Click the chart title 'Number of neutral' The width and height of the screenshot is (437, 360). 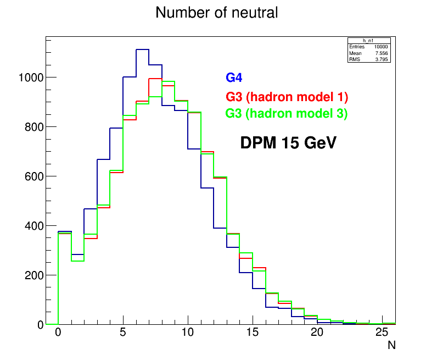click(216, 13)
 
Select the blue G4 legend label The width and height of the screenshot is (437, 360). click(234, 79)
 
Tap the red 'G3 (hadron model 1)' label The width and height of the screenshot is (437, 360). click(287, 97)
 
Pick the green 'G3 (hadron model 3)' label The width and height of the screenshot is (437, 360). click(287, 114)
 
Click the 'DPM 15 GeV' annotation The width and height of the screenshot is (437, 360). click(288, 143)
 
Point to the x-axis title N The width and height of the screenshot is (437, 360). click(391, 346)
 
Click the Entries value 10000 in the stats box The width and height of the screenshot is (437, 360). click(381, 47)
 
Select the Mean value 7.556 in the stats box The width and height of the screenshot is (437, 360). click(382, 53)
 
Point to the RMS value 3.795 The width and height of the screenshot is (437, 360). click(382, 59)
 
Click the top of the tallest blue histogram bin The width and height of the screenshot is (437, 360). click(142, 49)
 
